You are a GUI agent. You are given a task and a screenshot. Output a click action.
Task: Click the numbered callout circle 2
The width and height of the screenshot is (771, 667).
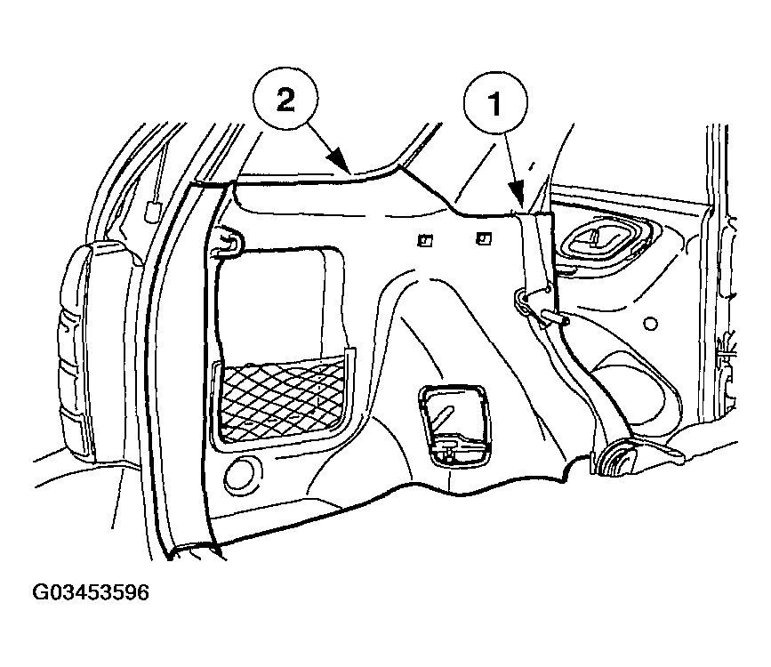pyautogui.click(x=285, y=100)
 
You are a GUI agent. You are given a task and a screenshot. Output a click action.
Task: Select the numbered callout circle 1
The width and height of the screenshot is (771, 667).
pyautogui.click(x=495, y=103)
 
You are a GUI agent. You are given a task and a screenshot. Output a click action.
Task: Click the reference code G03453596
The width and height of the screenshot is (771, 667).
pyautogui.click(x=91, y=592)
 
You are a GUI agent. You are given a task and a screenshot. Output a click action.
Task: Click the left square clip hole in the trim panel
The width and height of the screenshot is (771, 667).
pyautogui.click(x=425, y=240)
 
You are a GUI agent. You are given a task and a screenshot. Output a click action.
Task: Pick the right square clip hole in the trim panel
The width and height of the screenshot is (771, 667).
pyautogui.click(x=484, y=238)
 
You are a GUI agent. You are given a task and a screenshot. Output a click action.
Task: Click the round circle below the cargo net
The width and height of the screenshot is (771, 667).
pyautogui.click(x=243, y=474)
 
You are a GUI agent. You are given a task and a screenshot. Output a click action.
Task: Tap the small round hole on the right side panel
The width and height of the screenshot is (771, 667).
pyautogui.click(x=650, y=324)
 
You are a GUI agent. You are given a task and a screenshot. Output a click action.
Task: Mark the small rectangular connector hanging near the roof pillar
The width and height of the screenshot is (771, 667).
pyautogui.click(x=152, y=212)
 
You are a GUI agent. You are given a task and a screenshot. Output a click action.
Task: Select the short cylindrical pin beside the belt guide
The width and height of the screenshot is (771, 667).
pyautogui.click(x=554, y=317)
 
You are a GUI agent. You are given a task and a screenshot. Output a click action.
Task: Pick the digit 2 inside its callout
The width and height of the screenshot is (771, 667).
pyautogui.click(x=285, y=100)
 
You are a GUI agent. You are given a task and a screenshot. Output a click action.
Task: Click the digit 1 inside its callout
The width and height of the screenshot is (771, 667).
pyautogui.click(x=494, y=104)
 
